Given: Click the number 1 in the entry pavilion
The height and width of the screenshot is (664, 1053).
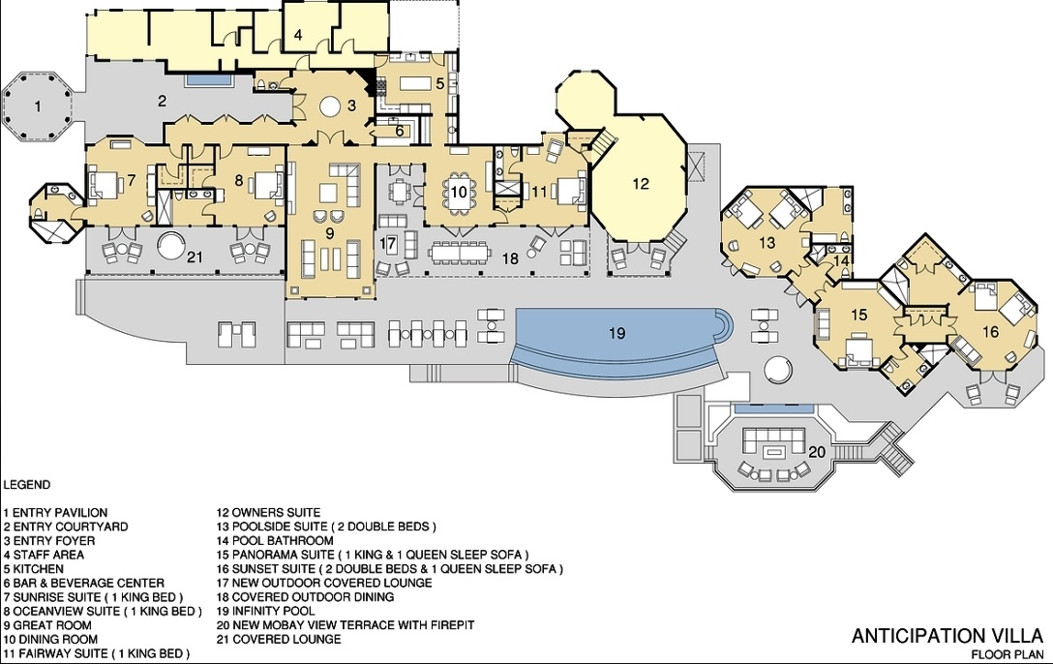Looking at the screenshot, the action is [38, 106].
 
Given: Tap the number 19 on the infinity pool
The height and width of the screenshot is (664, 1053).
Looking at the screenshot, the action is [617, 332].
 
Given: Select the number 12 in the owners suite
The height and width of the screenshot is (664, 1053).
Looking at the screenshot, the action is [641, 183].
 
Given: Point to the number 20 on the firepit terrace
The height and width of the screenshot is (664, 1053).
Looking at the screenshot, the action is [817, 452].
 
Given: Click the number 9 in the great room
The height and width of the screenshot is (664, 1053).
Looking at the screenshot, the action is [329, 233].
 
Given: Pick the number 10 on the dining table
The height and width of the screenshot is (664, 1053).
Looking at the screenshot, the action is [458, 192].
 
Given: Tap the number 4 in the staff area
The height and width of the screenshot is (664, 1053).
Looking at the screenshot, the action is [298, 35].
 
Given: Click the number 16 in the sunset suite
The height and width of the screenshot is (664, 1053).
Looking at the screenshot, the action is [990, 331].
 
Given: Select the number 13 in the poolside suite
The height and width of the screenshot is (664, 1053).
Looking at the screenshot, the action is [767, 242].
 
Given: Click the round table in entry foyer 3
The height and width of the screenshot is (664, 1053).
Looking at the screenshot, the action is [331, 106].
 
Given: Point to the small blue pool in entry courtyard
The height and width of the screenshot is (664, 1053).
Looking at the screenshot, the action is [209, 80].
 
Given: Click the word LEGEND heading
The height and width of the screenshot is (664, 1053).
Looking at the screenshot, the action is [27, 485].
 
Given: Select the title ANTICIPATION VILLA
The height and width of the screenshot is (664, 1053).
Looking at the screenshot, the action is [947, 636].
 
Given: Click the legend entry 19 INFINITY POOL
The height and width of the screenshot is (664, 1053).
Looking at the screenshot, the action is [265, 611].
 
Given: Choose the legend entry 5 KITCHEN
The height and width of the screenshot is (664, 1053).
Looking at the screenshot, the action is [34, 569].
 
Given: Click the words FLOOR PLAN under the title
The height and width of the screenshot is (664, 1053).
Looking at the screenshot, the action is [1007, 654].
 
